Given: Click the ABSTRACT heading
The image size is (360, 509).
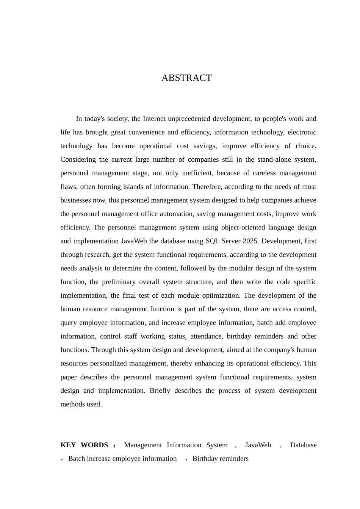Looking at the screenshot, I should [x=186, y=78].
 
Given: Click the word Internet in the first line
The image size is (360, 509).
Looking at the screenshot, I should [x=154, y=119].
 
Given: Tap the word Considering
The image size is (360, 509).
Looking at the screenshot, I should [x=78, y=160].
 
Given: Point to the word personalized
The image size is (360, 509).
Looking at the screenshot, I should [x=103, y=364].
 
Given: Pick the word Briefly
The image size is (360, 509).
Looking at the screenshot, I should [x=160, y=391].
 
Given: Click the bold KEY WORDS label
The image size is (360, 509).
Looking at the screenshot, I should [x=84, y=445].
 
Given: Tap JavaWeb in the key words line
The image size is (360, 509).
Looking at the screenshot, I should [x=258, y=445].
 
